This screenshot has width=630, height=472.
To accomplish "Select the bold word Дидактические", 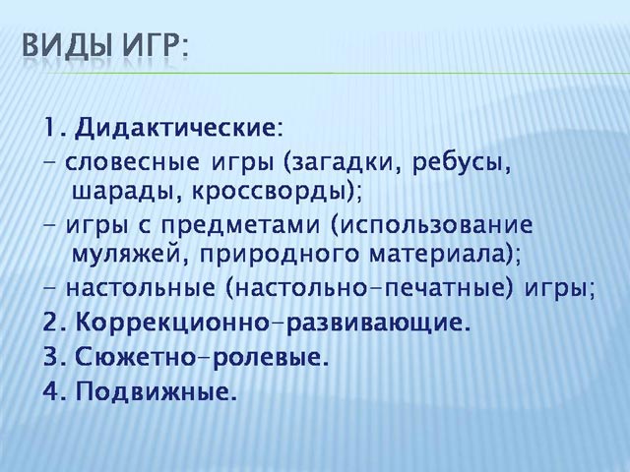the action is pyautogui.click(x=175, y=129).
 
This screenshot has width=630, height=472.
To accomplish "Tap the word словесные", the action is pyautogui.click(x=132, y=163).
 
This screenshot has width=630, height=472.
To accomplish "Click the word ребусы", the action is pyautogui.click(x=458, y=163).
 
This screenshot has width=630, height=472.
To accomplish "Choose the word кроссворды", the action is pyautogui.click(x=269, y=193).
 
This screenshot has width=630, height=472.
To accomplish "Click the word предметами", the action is pyautogui.click(x=241, y=225).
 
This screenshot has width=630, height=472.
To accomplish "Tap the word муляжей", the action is pyautogui.click(x=125, y=255).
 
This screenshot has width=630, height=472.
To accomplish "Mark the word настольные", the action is pyautogui.click(x=141, y=288).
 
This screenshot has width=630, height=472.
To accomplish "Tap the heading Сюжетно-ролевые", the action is pyautogui.click(x=198, y=357).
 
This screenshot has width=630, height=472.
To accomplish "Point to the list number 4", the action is pyautogui.click(x=51, y=391).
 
